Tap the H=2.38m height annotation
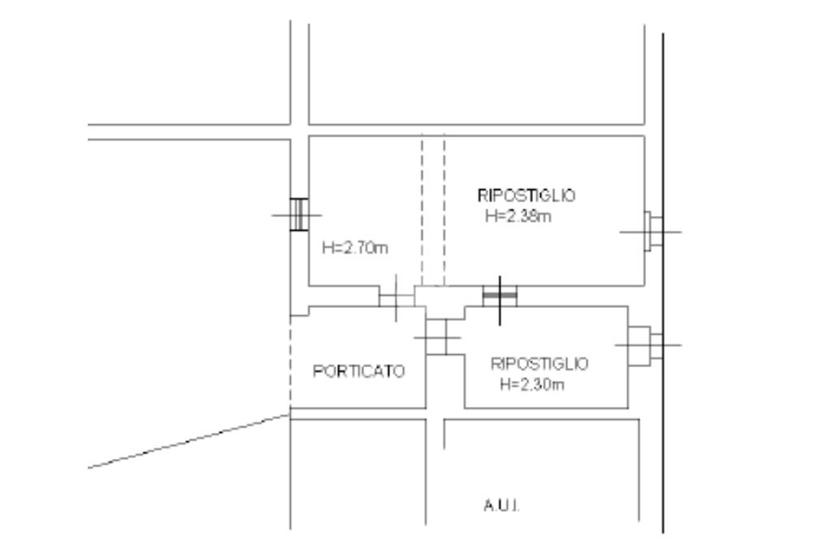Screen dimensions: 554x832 (517, 216)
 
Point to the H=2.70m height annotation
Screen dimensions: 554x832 (355, 249)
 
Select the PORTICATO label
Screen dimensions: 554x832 (359, 371)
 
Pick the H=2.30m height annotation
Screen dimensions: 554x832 (531, 383)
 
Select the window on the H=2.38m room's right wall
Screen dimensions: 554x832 (652, 232)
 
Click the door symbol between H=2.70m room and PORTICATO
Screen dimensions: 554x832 (396, 297)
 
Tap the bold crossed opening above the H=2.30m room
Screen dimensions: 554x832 (500, 296)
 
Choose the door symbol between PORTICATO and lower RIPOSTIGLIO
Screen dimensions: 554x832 (438, 336)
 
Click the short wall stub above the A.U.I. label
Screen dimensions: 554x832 (444, 433)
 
